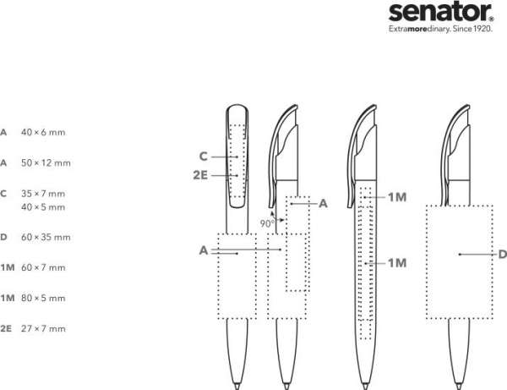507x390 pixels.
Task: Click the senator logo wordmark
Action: (x=442, y=12)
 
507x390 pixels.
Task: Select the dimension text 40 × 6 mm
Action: (x=42, y=133)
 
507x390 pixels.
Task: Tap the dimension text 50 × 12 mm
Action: (x=46, y=162)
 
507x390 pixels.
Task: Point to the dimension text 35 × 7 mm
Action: (x=42, y=194)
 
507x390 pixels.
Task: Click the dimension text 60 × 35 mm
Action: (x=46, y=237)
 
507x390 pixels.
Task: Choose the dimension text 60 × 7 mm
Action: (x=42, y=268)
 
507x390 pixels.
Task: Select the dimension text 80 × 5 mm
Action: (x=42, y=299)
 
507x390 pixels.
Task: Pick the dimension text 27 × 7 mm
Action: (x=42, y=328)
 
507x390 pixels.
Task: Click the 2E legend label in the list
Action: (x=6, y=328)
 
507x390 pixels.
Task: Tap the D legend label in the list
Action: (x=4, y=237)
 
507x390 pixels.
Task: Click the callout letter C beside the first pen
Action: (x=204, y=156)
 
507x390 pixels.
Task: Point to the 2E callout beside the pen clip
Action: (x=200, y=175)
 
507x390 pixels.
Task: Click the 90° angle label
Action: (x=267, y=223)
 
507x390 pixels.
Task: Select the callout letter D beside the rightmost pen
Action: (x=502, y=254)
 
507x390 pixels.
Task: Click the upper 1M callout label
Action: (x=398, y=197)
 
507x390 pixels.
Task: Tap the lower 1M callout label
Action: (x=398, y=263)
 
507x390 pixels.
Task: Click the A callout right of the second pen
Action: (x=323, y=203)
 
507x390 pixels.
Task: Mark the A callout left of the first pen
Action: (x=204, y=250)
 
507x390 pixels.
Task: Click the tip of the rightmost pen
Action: (x=462, y=385)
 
